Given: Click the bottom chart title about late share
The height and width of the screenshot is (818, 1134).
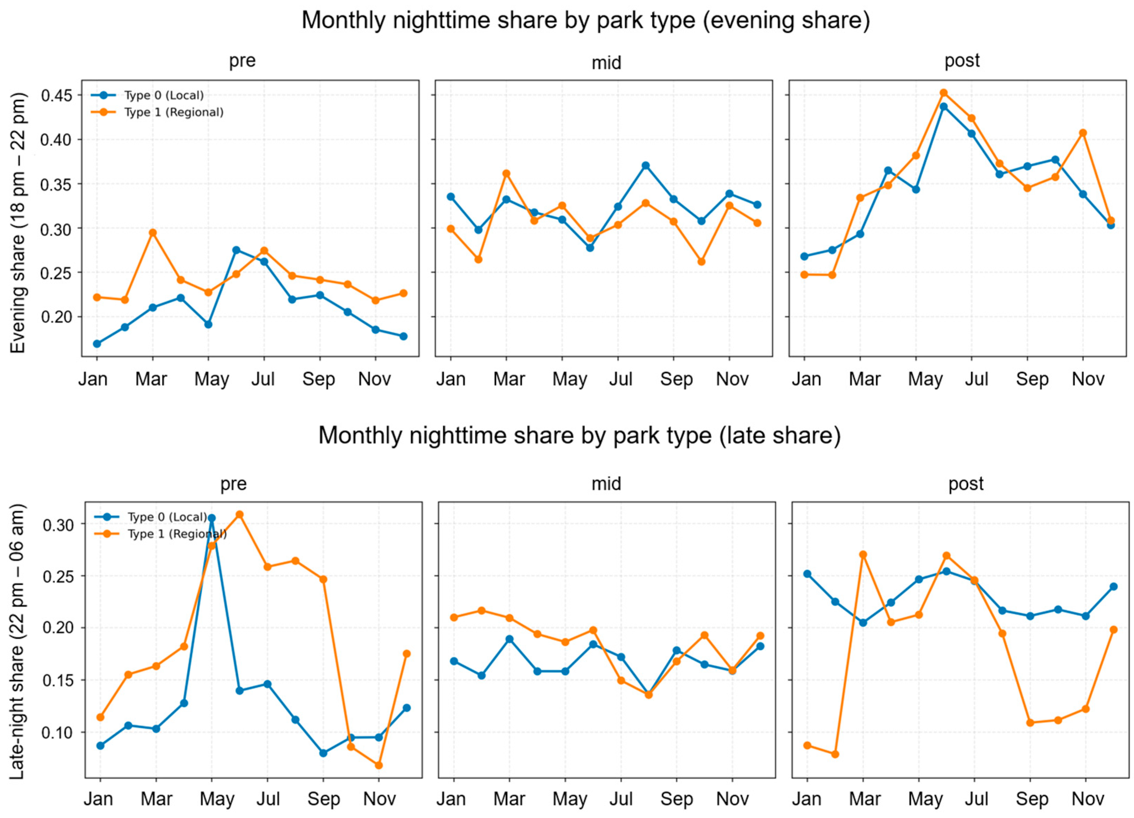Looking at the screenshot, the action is (580, 436).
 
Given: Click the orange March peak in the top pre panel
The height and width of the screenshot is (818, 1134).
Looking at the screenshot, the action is (153, 232).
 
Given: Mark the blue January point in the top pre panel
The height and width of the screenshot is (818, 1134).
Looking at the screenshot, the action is (97, 344).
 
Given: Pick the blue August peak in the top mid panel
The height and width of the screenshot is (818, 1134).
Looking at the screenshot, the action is (645, 166).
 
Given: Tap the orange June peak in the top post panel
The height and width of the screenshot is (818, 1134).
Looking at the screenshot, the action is (943, 93).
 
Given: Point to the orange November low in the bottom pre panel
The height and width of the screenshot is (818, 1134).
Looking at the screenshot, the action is (378, 765).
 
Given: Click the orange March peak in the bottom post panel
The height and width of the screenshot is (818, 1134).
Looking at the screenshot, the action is (863, 555).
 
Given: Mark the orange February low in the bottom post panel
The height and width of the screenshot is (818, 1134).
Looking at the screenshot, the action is (835, 754).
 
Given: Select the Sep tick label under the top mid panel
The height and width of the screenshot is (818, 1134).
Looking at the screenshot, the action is (676, 380).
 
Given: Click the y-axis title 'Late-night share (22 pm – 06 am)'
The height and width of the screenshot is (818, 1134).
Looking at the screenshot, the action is (17, 642).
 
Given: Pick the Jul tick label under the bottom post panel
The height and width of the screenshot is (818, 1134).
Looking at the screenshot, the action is (976, 799).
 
